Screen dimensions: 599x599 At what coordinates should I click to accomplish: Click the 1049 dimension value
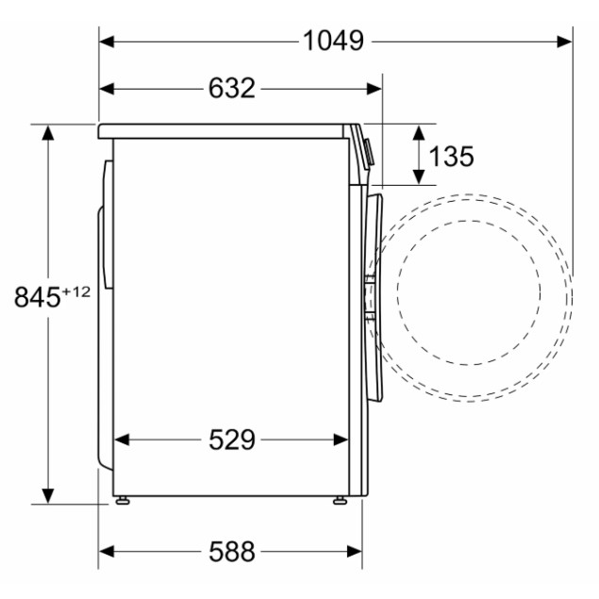(333, 41)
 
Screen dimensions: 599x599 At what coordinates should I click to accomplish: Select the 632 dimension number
(231, 89)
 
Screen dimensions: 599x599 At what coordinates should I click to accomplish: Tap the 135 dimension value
(451, 157)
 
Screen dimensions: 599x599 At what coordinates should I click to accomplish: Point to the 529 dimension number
(231, 440)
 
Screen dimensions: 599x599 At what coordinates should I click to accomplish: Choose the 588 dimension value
(231, 551)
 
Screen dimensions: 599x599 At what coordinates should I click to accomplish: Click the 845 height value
(37, 297)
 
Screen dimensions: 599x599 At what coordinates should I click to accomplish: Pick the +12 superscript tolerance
(76, 291)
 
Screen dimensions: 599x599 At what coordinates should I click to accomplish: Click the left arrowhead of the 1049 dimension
(107, 42)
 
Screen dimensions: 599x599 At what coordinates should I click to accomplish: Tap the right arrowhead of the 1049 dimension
(565, 42)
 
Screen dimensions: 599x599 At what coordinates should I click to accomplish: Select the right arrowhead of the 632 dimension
(374, 89)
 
